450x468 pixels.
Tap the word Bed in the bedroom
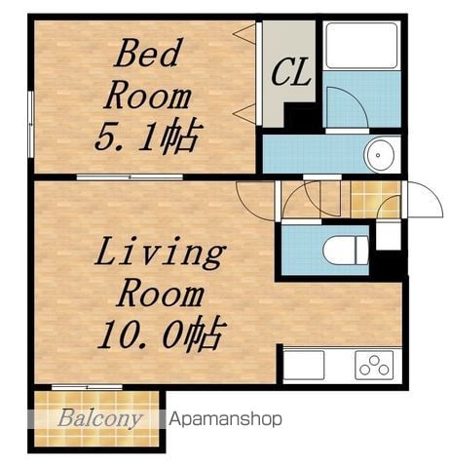point(148,54)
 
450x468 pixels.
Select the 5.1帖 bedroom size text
point(149,136)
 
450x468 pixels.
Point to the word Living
point(161,253)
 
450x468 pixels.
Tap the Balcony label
point(100,418)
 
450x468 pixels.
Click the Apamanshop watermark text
point(225,419)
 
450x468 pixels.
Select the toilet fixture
point(346,251)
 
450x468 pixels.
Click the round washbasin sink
point(379,155)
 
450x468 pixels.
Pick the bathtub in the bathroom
point(361,45)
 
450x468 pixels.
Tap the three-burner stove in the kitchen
point(374,366)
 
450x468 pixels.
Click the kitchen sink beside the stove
point(304,366)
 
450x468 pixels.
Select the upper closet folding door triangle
point(244,33)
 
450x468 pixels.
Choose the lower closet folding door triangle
point(244,113)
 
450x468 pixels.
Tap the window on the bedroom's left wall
point(31,124)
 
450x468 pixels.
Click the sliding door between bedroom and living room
point(130,177)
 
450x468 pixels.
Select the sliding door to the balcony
point(87,387)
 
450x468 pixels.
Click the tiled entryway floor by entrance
point(376,199)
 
